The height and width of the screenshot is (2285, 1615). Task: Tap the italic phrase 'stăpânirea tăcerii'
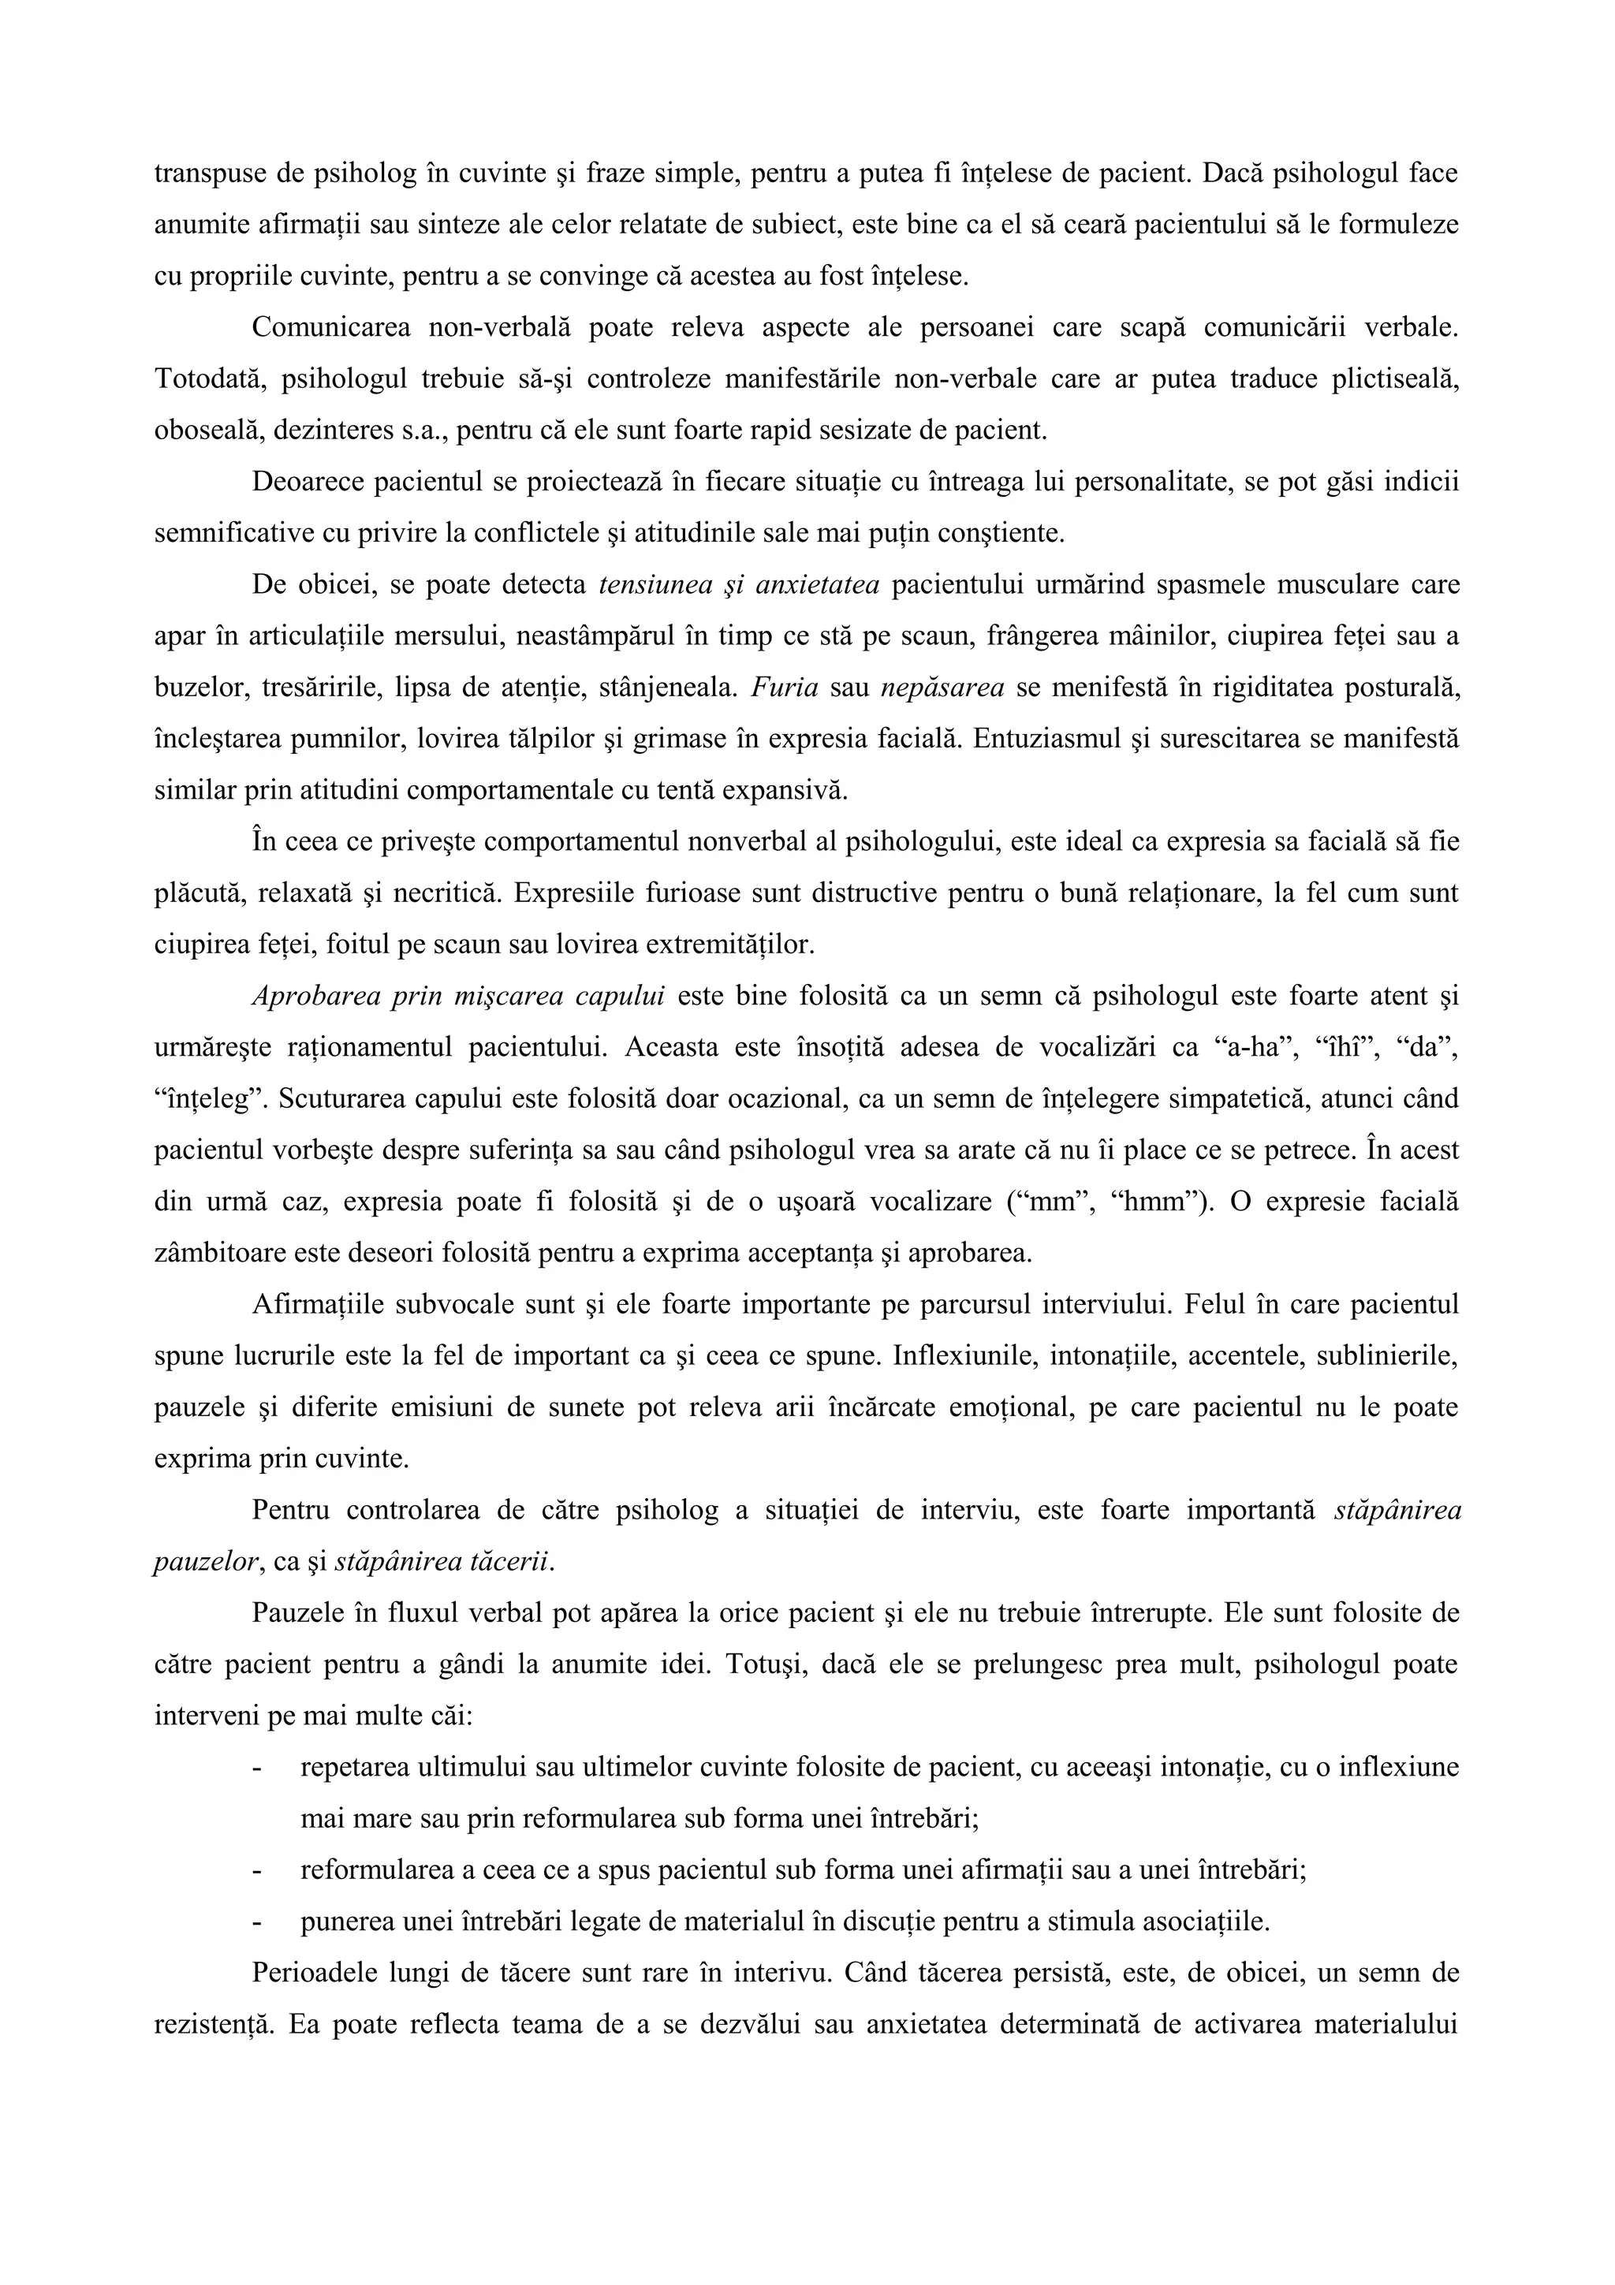click(444, 1561)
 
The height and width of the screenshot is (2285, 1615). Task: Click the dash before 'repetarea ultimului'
click(259, 1768)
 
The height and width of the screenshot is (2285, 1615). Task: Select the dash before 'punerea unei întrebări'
click(259, 1922)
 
